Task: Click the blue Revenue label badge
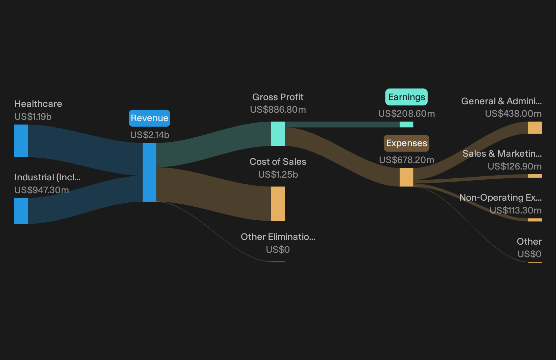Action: point(149,118)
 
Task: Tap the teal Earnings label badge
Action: point(406,97)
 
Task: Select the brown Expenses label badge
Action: point(406,143)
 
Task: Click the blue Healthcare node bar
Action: point(21,141)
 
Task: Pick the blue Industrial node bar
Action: point(21,211)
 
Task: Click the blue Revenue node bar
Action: point(149,172)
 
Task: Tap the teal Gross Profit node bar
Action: point(278,134)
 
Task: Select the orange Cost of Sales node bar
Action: point(278,204)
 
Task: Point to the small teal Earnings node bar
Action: point(406,125)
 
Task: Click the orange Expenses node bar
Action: point(406,177)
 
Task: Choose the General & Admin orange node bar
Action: point(535,128)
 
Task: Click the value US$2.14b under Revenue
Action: point(150,135)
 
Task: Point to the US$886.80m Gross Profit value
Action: point(278,110)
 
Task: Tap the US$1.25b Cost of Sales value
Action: point(278,175)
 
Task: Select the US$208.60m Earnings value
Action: point(407,114)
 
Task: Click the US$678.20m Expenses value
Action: point(407,160)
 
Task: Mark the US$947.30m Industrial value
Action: point(42,190)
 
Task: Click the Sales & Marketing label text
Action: point(502,154)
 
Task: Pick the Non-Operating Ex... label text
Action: point(500,198)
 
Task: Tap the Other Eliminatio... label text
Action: point(278,237)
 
